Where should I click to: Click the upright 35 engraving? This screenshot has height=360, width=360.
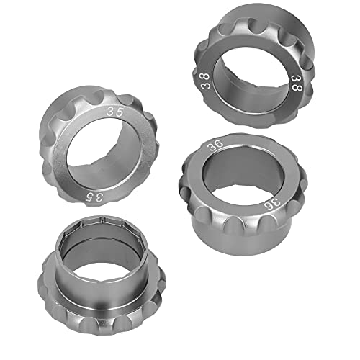113,112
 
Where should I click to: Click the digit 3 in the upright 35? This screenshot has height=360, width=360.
109,112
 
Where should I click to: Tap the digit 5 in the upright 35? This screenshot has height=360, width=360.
117,112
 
